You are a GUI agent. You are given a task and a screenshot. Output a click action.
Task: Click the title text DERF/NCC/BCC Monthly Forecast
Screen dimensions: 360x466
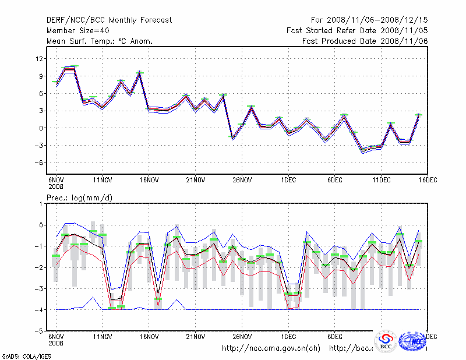[x=109, y=20]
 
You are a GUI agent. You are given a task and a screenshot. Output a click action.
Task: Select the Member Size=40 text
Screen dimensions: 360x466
[x=76, y=31]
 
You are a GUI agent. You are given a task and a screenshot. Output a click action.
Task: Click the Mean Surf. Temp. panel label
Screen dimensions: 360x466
[x=100, y=41]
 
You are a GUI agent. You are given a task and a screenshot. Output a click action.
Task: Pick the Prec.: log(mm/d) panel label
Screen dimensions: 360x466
[x=80, y=198]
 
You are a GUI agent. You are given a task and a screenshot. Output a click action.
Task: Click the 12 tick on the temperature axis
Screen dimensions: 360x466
[x=40, y=59]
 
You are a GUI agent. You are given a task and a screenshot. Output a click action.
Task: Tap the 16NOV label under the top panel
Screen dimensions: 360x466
[x=149, y=180]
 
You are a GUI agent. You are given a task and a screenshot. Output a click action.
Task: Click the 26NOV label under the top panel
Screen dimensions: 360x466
[x=242, y=180]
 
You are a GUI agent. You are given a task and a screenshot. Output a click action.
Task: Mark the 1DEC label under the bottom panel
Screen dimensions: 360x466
[x=288, y=337]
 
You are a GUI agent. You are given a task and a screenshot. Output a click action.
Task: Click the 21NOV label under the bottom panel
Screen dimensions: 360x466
[x=196, y=337]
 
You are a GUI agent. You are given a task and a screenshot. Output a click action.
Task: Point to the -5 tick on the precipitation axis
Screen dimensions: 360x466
[x=40, y=331]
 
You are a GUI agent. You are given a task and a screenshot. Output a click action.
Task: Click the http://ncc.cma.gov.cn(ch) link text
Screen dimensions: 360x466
[x=271, y=348]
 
